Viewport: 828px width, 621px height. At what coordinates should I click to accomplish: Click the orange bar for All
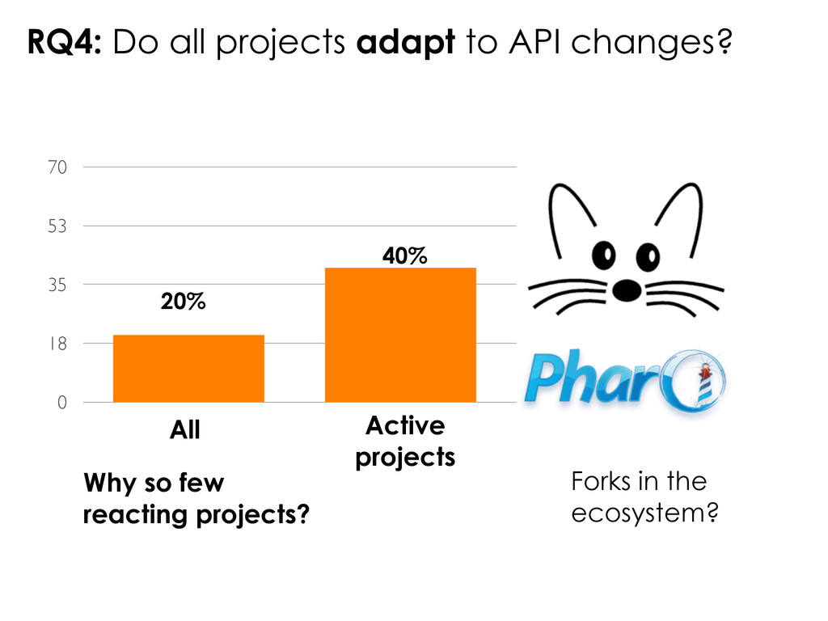coord(188,368)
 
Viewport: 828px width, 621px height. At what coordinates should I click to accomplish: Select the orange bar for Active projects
coord(399,334)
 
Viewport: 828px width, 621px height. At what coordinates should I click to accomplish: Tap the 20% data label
coord(183,302)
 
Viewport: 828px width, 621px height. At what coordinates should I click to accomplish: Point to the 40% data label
coord(404,256)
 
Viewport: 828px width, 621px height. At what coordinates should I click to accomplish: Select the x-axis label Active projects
coord(405,441)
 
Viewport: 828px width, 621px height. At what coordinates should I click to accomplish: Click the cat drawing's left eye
coord(602,256)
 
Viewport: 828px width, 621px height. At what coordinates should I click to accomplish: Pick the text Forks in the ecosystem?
coord(644,498)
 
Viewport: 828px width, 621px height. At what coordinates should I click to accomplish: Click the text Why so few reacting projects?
coord(196,498)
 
